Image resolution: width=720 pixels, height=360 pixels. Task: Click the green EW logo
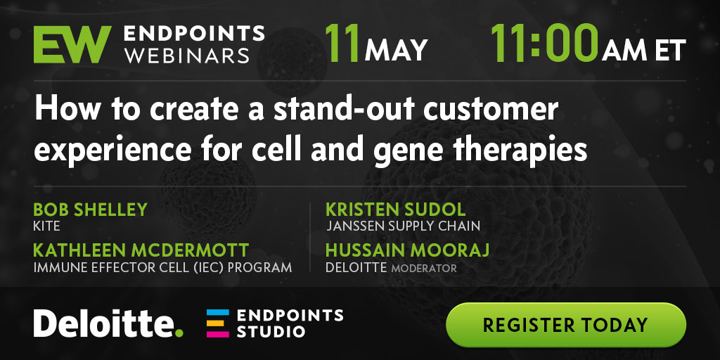tap(72, 44)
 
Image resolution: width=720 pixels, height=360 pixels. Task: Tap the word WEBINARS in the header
tap(188, 56)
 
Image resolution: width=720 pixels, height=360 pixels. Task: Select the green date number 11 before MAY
tap(342, 43)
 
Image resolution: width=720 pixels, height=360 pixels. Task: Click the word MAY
tap(397, 51)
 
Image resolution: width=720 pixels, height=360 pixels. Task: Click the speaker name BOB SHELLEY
tap(91, 210)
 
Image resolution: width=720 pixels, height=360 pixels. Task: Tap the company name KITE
tap(47, 226)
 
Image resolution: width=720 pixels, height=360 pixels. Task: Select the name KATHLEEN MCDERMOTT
tap(141, 251)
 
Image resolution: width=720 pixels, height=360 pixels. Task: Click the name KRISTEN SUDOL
tap(396, 210)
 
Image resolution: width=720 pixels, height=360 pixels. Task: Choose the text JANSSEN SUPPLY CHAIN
tap(403, 226)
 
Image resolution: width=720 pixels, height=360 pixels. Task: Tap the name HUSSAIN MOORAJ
tap(407, 251)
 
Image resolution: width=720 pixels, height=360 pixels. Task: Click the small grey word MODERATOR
tap(424, 268)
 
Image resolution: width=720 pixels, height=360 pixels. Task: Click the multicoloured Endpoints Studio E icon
tap(218, 323)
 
